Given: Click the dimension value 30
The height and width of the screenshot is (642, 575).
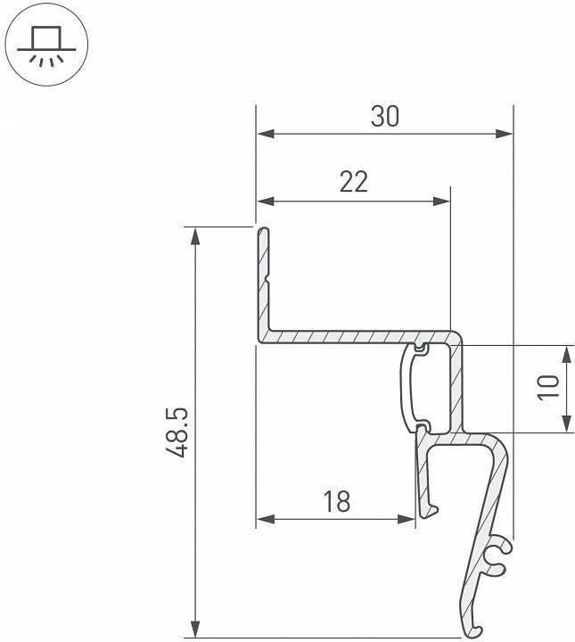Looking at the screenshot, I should pos(385,117).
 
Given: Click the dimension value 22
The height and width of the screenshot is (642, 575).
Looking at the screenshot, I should pos(354,182).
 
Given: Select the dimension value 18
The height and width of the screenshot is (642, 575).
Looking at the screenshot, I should pos(336,502).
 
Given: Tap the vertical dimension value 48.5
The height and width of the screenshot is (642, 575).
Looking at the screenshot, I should pos(177,432).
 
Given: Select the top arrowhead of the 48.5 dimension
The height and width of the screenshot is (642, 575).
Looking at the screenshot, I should pos(193,235).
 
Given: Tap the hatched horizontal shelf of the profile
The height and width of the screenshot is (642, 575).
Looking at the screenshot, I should pos(357,336).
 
